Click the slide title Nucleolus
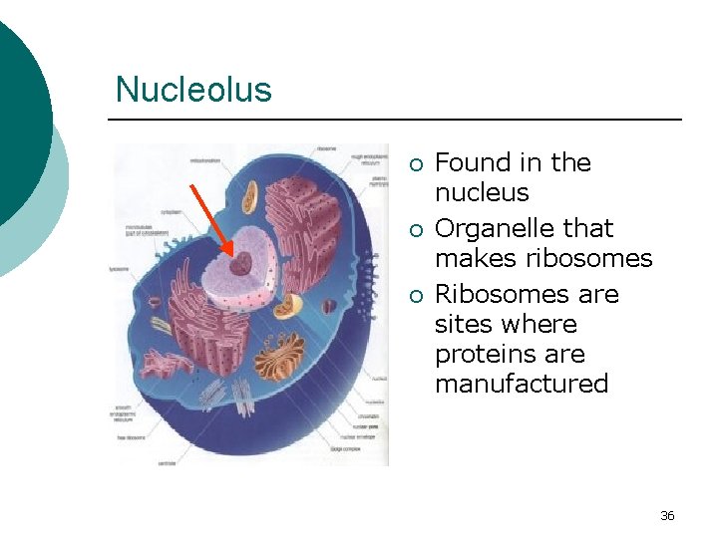pyautogui.click(x=193, y=90)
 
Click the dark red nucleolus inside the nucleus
pyautogui.click(x=241, y=265)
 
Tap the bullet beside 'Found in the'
pyautogui.click(x=418, y=164)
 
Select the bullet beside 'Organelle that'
pyautogui.click(x=418, y=230)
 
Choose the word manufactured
pyautogui.click(x=522, y=384)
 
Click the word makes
pyautogui.click(x=473, y=259)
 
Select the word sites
pyautogui.click(x=464, y=324)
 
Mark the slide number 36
pyautogui.click(x=667, y=515)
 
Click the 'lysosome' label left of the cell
pyautogui.click(x=121, y=269)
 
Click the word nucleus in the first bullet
pyautogui.click(x=482, y=192)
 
